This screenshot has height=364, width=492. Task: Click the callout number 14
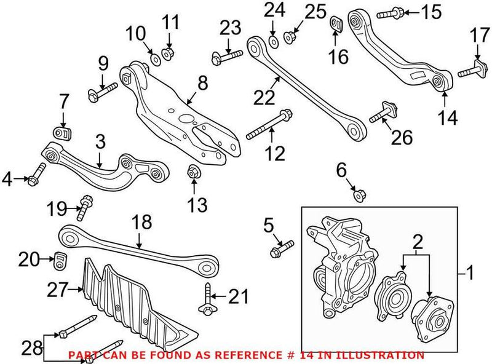[x=448, y=117]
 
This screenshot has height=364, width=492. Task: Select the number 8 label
[x=202, y=82]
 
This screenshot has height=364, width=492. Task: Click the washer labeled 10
[x=154, y=58]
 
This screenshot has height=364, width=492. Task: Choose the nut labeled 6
[x=359, y=196]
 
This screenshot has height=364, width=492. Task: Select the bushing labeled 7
[x=61, y=133]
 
